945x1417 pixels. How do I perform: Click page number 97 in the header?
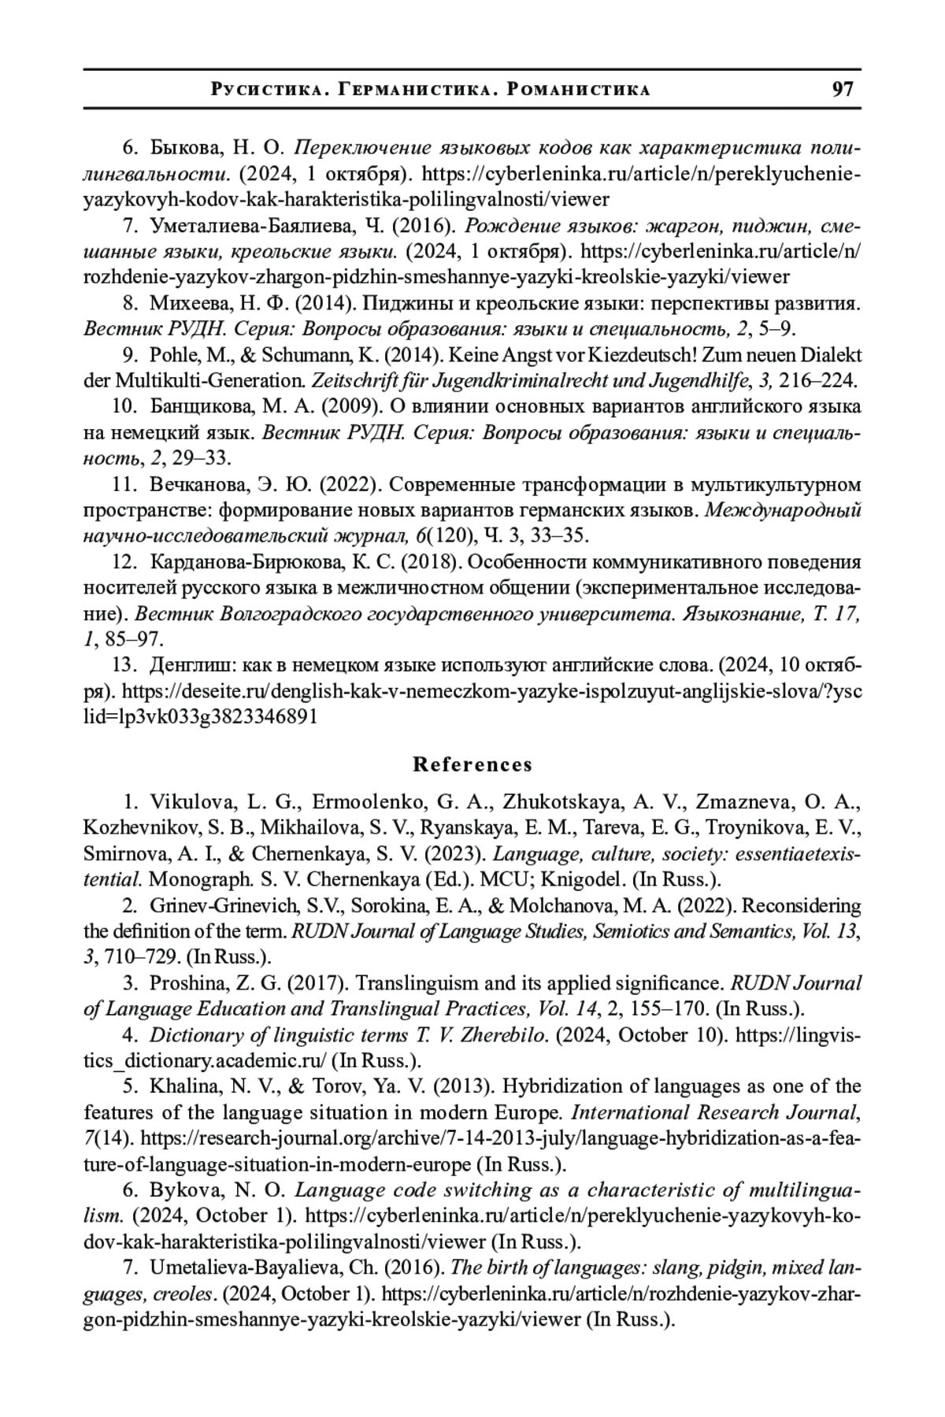coord(843,88)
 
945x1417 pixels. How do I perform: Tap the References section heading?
coord(472,764)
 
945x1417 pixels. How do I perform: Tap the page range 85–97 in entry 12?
coord(131,639)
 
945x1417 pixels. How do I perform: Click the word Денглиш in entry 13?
coord(191,665)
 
